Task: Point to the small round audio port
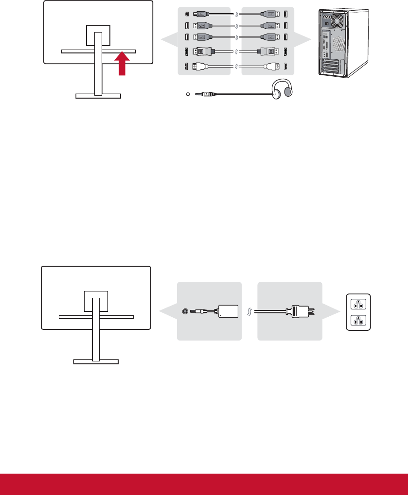tap(188, 94)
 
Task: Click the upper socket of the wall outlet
tap(358, 305)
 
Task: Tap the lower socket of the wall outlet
tap(358, 321)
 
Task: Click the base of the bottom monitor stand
tap(96, 361)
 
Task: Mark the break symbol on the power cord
tap(249, 311)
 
